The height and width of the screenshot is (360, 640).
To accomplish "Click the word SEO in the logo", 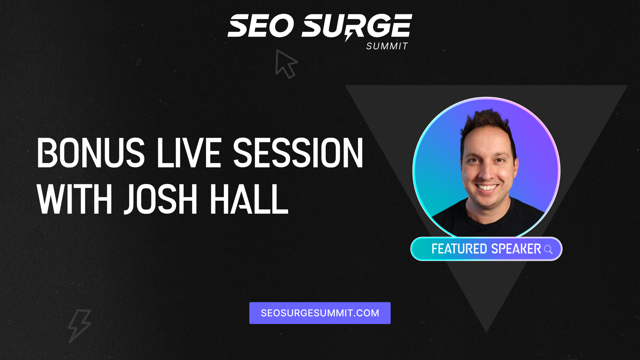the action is tap(261, 26).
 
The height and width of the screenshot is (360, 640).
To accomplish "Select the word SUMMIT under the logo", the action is tap(387, 46).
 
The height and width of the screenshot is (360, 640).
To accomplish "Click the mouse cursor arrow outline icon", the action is tap(286, 64).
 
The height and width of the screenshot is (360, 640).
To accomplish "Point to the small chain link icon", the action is tap(138, 62).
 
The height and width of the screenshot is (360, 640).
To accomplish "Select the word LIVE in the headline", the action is tap(189, 153).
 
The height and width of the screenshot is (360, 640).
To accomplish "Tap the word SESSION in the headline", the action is tap(298, 153).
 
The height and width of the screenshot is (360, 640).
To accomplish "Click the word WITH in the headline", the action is tap(74, 199).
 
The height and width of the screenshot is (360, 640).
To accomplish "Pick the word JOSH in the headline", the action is tap(161, 199).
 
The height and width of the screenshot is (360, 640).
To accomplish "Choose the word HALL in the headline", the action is tap(249, 199).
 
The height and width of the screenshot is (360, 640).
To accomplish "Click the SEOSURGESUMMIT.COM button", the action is tap(320, 313).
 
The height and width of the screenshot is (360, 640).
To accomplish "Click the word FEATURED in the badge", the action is tap(459, 249).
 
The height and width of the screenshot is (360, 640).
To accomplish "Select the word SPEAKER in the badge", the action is tap(516, 249).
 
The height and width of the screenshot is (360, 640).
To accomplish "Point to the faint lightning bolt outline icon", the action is tap(79, 326).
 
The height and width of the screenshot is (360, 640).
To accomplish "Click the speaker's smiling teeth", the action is tap(487, 187).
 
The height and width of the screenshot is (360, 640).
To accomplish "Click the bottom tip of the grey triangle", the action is tap(486, 332).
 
